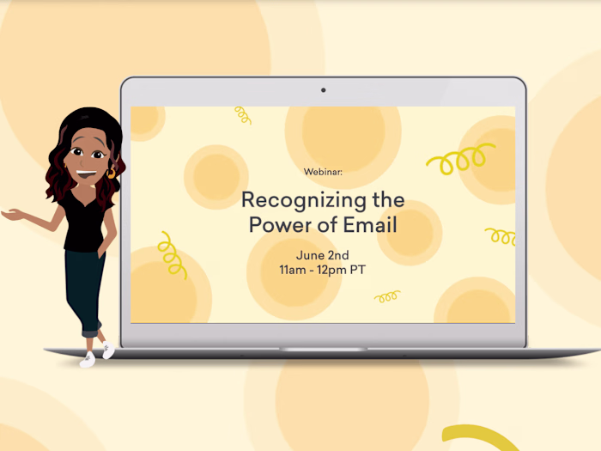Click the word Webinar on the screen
(x=323, y=172)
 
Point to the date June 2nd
(x=323, y=255)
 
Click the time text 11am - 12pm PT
(x=323, y=270)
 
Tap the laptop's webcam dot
(x=323, y=90)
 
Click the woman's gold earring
(x=111, y=173)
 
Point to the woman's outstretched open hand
(x=15, y=214)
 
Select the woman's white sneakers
(x=96, y=354)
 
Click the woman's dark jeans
(x=86, y=288)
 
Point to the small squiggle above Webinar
(x=243, y=114)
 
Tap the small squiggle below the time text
(x=387, y=297)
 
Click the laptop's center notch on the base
(x=323, y=350)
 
